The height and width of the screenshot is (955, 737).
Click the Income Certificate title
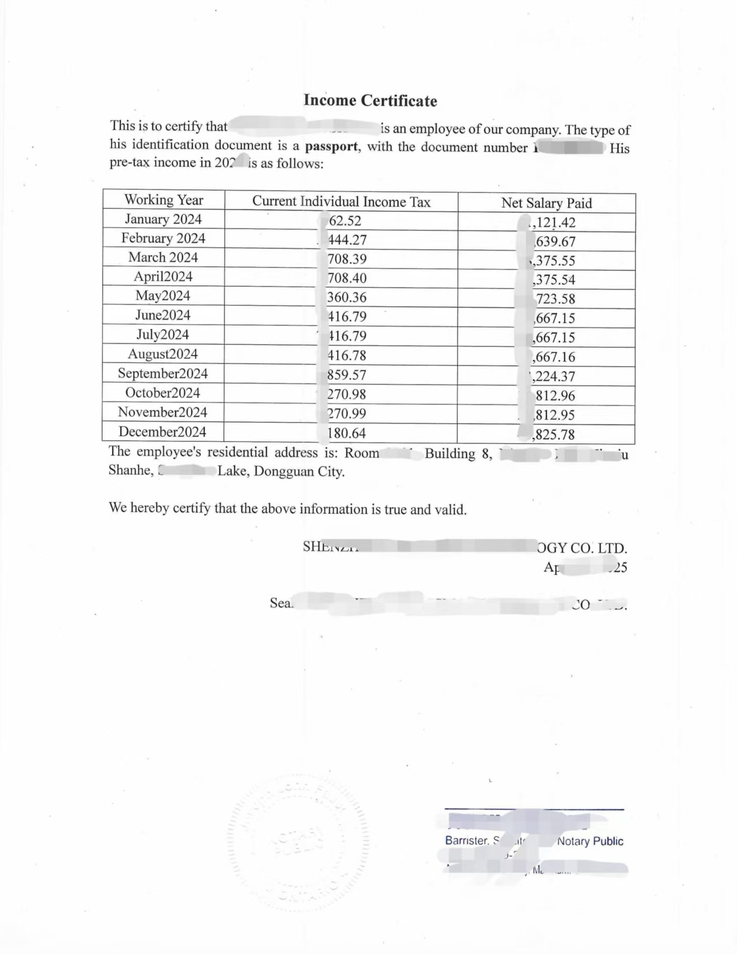(370, 101)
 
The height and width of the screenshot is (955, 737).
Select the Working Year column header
(164, 200)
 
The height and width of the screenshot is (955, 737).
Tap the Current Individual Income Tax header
(341, 202)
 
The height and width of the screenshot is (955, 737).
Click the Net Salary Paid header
(546, 203)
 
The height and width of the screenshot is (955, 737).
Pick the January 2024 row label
(163, 219)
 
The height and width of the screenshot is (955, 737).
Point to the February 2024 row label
(163, 238)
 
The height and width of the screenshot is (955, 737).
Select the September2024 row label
(162, 374)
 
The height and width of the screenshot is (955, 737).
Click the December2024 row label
(162, 432)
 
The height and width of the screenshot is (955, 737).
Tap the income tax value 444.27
(347, 240)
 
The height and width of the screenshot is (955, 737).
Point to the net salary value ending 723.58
(555, 299)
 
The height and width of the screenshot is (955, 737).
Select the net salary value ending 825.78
(554, 434)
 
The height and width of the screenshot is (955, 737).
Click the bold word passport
(331, 146)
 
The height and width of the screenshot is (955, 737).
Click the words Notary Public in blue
(590, 841)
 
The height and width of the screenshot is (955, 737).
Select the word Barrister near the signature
(466, 841)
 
